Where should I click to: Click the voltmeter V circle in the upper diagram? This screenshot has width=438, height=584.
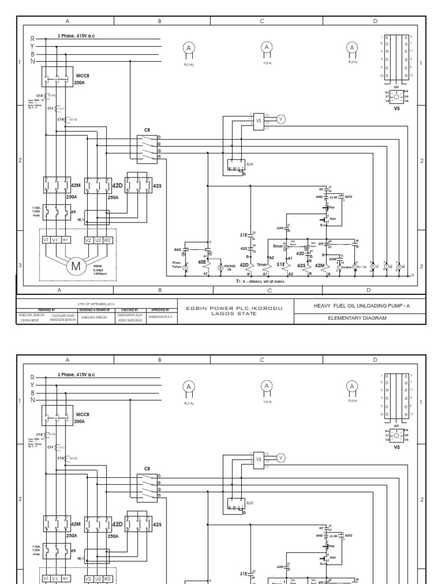281,119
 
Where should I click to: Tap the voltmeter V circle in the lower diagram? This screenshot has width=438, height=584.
281,458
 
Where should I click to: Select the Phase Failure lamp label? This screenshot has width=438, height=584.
176,265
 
